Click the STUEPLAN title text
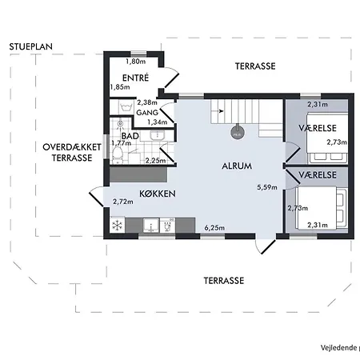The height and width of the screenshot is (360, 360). pos(31,46)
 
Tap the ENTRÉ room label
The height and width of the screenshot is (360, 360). pos(135,78)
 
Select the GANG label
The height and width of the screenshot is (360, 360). pos(147,113)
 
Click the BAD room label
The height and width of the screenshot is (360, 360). pos(130,136)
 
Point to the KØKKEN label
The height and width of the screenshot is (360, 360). pos(158,194)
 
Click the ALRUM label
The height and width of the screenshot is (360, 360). pos(237,166)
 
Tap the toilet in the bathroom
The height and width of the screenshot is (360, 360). pos(118,155)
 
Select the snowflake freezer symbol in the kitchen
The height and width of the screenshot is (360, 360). pos(117,226)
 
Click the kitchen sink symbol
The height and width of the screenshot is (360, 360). pos(151,226)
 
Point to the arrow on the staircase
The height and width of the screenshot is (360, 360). pos(220,111)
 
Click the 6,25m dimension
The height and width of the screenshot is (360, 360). pos(214,228)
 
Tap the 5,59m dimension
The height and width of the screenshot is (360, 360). pos(267,187)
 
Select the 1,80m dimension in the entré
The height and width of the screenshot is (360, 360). pos(136,62)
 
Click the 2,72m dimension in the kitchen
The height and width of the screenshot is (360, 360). pos(123,202)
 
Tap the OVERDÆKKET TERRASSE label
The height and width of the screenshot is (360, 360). pos(72,152)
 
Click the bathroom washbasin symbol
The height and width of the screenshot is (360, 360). pos(158,135)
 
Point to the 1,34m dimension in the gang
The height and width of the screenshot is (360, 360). pos(158,122)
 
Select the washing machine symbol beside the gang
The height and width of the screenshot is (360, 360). pos(126,107)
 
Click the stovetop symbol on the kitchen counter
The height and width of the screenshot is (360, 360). pos(167,226)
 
